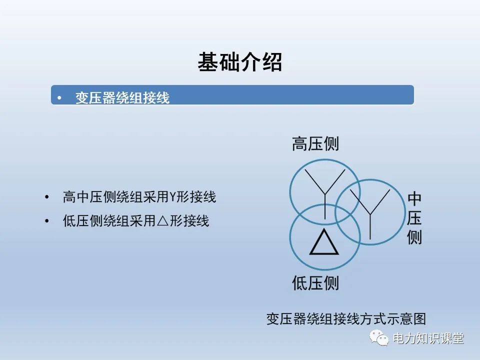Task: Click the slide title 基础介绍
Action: pos(240,63)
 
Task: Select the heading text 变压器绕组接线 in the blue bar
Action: pos(122,97)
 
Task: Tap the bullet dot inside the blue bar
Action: pos(60,97)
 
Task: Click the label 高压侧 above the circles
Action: pos(315,144)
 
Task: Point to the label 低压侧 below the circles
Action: pos(315,283)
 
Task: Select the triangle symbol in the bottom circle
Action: pos(324,243)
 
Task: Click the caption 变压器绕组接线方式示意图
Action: pos(346,318)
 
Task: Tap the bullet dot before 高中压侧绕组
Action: pos(47,197)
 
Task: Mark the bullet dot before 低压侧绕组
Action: pos(47,221)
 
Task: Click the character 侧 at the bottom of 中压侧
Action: pos(414,236)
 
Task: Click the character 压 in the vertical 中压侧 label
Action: pos(414,218)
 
